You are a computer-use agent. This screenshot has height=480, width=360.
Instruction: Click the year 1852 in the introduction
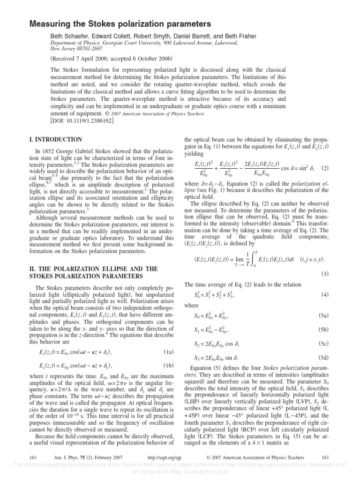[x=48, y=151]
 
